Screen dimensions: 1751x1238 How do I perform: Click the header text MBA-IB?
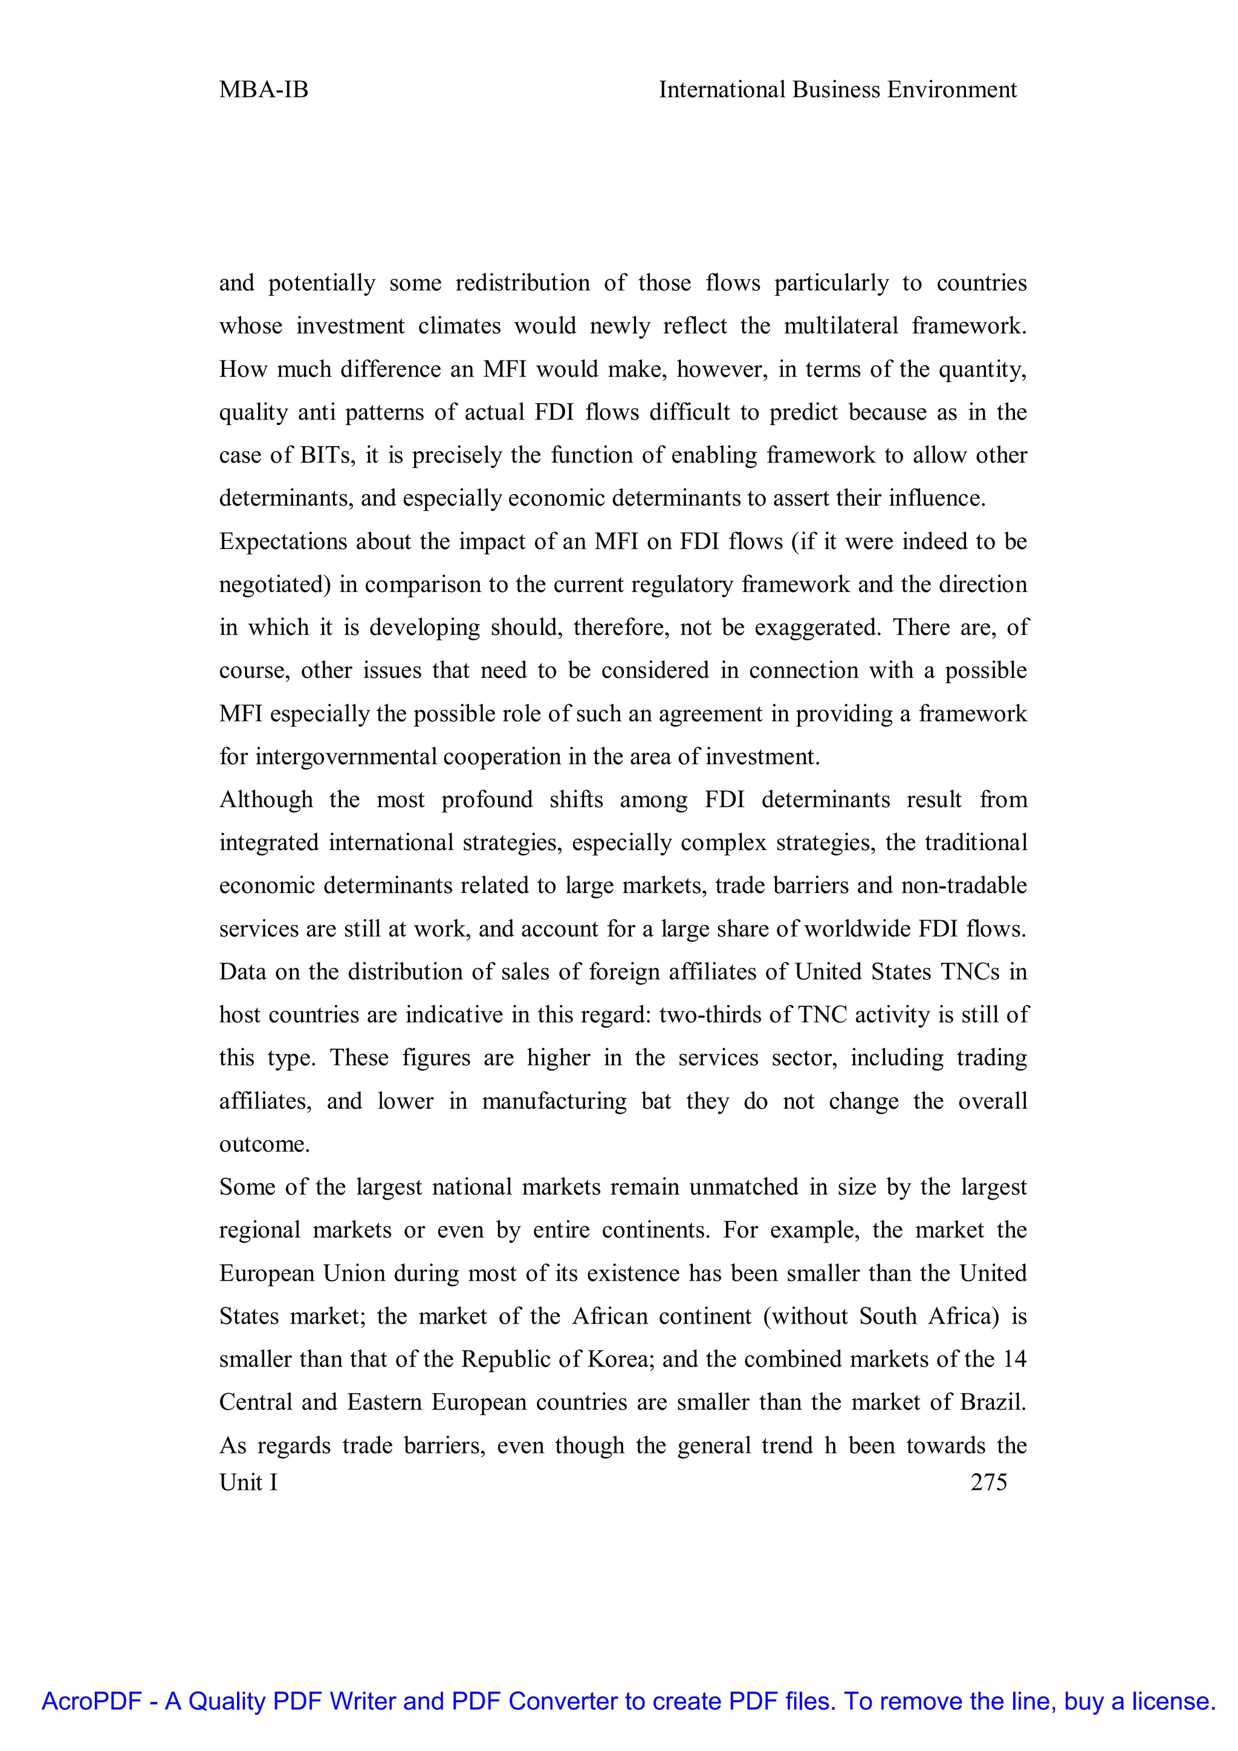[x=263, y=90]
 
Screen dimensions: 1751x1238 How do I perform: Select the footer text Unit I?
[x=248, y=1482]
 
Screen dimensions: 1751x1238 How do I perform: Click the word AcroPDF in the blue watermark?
[x=91, y=1701]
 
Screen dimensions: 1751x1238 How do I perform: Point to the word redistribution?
[x=522, y=283]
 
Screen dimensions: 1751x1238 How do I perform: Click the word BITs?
[x=327, y=455]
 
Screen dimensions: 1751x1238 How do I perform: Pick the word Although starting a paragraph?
[x=266, y=799]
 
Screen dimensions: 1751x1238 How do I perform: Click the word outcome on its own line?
[x=263, y=1144]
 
